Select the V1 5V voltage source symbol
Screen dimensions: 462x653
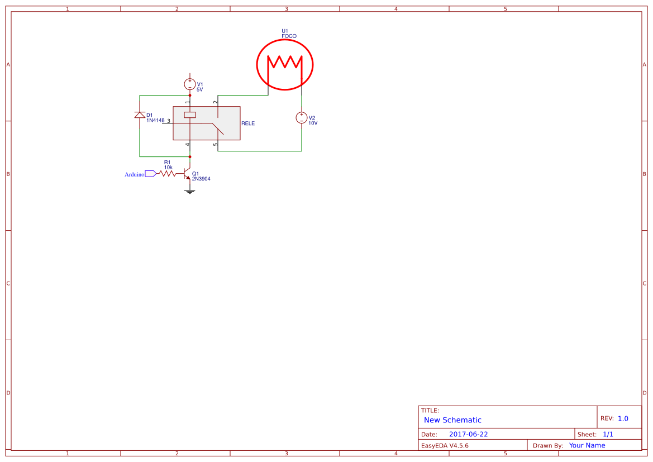190,84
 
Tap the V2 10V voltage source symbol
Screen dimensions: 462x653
302,118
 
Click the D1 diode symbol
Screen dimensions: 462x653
140,115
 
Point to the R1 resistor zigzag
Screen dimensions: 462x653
168,174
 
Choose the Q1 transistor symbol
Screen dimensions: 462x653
188,174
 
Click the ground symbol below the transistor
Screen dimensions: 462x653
190,191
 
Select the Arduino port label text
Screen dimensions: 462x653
134,174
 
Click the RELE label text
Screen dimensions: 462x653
248,123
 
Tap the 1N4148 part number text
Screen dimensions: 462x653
155,120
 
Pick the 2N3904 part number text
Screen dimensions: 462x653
201,179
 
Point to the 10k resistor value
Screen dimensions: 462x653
168,167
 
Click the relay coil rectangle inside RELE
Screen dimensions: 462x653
190,115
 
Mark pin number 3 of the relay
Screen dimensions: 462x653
168,121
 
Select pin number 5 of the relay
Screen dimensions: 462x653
216,145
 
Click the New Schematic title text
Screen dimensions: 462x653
452,420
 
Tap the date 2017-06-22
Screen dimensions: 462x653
468,435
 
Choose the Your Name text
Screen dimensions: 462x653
587,446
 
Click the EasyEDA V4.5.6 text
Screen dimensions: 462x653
445,446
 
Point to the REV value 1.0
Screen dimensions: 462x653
623,418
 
